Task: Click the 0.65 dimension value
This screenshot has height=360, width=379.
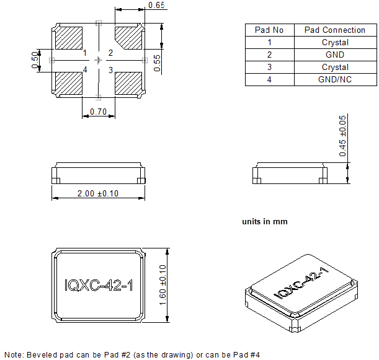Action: (x=157, y=6)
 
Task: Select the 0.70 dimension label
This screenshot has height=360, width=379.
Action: (x=98, y=112)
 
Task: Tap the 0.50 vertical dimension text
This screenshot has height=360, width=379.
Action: (x=35, y=60)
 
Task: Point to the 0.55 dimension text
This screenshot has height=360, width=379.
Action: (x=158, y=63)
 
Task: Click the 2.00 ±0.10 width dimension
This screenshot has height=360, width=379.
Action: (x=97, y=193)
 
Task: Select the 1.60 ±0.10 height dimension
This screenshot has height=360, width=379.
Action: (x=163, y=284)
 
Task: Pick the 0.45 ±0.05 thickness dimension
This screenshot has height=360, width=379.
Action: (x=342, y=135)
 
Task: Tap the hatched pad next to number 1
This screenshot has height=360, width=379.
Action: (x=69, y=38)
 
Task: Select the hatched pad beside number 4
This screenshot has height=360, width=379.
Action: (x=69, y=83)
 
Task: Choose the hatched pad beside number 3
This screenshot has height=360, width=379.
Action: (x=128, y=83)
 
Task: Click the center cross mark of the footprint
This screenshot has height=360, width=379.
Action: (x=99, y=60)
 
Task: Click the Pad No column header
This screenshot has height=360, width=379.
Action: (x=269, y=30)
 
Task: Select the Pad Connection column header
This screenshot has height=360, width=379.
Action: (x=335, y=30)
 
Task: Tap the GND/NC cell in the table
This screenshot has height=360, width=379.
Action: (x=335, y=79)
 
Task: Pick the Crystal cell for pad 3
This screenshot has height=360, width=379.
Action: (x=335, y=67)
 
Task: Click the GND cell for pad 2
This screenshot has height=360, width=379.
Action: (x=335, y=55)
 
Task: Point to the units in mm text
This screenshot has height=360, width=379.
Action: (x=264, y=221)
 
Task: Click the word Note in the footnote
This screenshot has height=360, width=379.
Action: (x=13, y=355)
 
